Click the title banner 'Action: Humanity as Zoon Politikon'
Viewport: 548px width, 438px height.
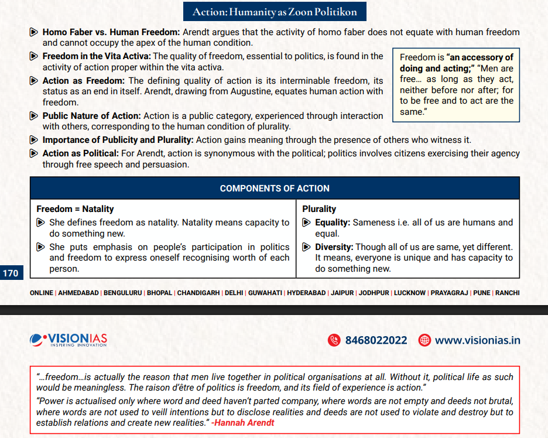pyautogui.click(x=274, y=11)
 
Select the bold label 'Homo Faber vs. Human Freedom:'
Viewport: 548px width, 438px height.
pyautogui.click(x=111, y=32)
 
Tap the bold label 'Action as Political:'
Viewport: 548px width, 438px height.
pyautogui.click(x=80, y=153)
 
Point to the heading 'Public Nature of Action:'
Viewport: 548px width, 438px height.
pyautogui.click(x=91, y=116)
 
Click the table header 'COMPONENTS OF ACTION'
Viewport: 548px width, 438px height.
pyautogui.click(x=274, y=188)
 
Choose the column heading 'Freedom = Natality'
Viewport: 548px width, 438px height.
pyautogui.click(x=75, y=209)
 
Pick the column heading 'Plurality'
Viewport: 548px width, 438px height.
pyautogui.click(x=319, y=209)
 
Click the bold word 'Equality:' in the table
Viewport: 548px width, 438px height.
pyautogui.click(x=333, y=223)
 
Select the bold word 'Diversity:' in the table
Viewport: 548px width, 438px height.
pyautogui.click(x=334, y=247)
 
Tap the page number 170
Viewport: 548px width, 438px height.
pyautogui.click(x=11, y=273)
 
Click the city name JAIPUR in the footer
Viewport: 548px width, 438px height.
pyautogui.click(x=342, y=293)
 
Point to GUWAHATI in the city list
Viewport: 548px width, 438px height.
pyautogui.click(x=266, y=293)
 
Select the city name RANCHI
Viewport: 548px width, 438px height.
pyautogui.click(x=507, y=293)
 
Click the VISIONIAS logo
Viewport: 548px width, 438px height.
pyautogui.click(x=68, y=340)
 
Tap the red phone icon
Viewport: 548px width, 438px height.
pyautogui.click(x=334, y=340)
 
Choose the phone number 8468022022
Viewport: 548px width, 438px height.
pyautogui.click(x=376, y=340)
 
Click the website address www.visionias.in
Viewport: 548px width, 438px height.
pyautogui.click(x=477, y=340)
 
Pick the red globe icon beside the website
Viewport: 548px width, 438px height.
pyautogui.click(x=424, y=340)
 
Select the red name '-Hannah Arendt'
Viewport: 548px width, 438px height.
pyautogui.click(x=242, y=422)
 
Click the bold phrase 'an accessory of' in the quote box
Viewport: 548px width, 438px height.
pyautogui.click(x=481, y=57)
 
